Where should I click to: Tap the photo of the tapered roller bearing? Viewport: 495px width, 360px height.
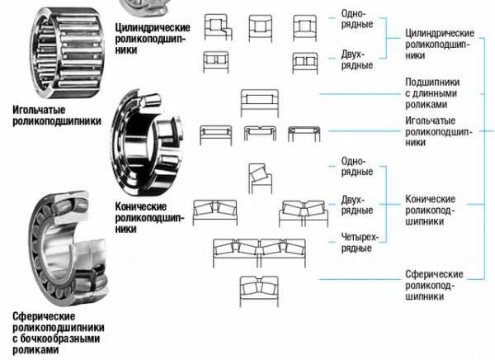coord(147,142)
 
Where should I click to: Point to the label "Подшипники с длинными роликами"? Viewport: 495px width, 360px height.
coord(431,93)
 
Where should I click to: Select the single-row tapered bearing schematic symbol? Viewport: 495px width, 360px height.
coord(257,176)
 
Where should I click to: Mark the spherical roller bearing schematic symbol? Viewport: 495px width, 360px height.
coord(258,287)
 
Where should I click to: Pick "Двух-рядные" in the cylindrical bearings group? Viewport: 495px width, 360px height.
coord(352,58)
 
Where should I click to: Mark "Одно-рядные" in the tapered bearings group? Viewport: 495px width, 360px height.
coord(352,165)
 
